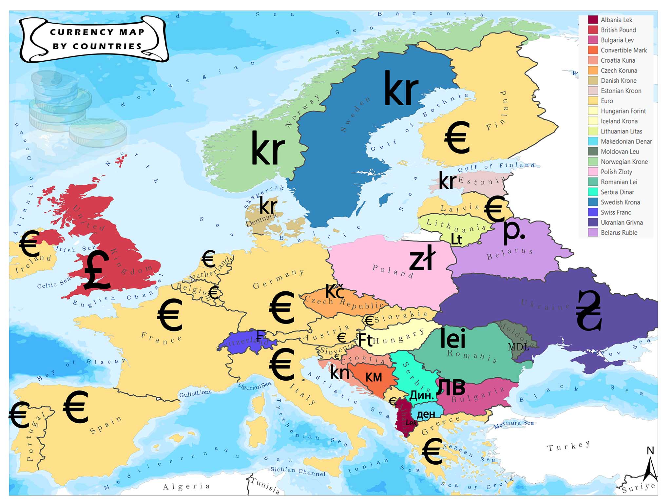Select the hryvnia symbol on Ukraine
click(589, 310)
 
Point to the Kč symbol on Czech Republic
click(335, 291)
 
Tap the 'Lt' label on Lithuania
click(456, 239)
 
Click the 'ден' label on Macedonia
click(426, 414)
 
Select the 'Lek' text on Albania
click(411, 423)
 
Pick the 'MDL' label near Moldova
click(518, 347)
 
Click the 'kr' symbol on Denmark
click(268, 206)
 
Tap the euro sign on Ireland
click(29, 243)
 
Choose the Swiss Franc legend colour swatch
click(593, 212)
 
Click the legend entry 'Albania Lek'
click(616, 20)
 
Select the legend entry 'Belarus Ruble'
click(619, 233)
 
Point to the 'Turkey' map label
click(568, 446)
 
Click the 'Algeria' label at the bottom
click(186, 486)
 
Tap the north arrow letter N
click(650, 451)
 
